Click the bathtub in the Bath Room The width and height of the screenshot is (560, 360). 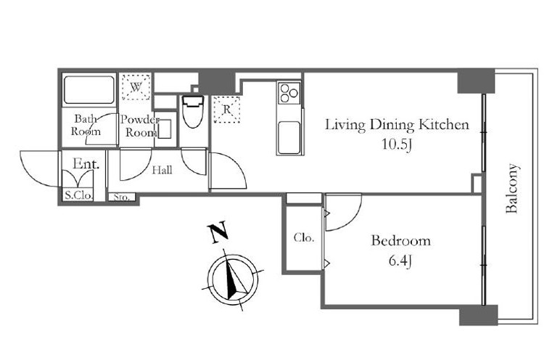coord(89,89)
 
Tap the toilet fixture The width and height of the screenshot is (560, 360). coord(192,111)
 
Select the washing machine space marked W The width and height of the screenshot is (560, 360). coord(136,87)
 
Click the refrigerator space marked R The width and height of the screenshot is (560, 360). coord(226,110)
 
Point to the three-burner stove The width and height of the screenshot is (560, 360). coord(289,93)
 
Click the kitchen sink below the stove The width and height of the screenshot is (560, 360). coord(289,138)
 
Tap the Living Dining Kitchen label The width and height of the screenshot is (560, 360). coord(397,125)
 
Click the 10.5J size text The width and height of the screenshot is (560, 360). coord(397,144)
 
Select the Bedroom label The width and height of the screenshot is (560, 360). coord(400,240)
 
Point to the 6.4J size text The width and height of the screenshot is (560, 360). coord(400,261)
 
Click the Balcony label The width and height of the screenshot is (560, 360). coord(512,189)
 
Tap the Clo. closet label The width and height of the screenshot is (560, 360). coord(304,237)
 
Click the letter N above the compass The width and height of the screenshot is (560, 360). coord(218,232)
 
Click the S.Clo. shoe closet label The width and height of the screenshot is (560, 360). coord(78,195)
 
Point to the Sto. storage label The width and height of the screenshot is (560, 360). coord(122,197)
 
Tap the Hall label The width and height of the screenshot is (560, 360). coord(162,170)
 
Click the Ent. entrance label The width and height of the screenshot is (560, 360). coord(86,164)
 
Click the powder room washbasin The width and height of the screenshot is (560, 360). coord(165,128)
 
